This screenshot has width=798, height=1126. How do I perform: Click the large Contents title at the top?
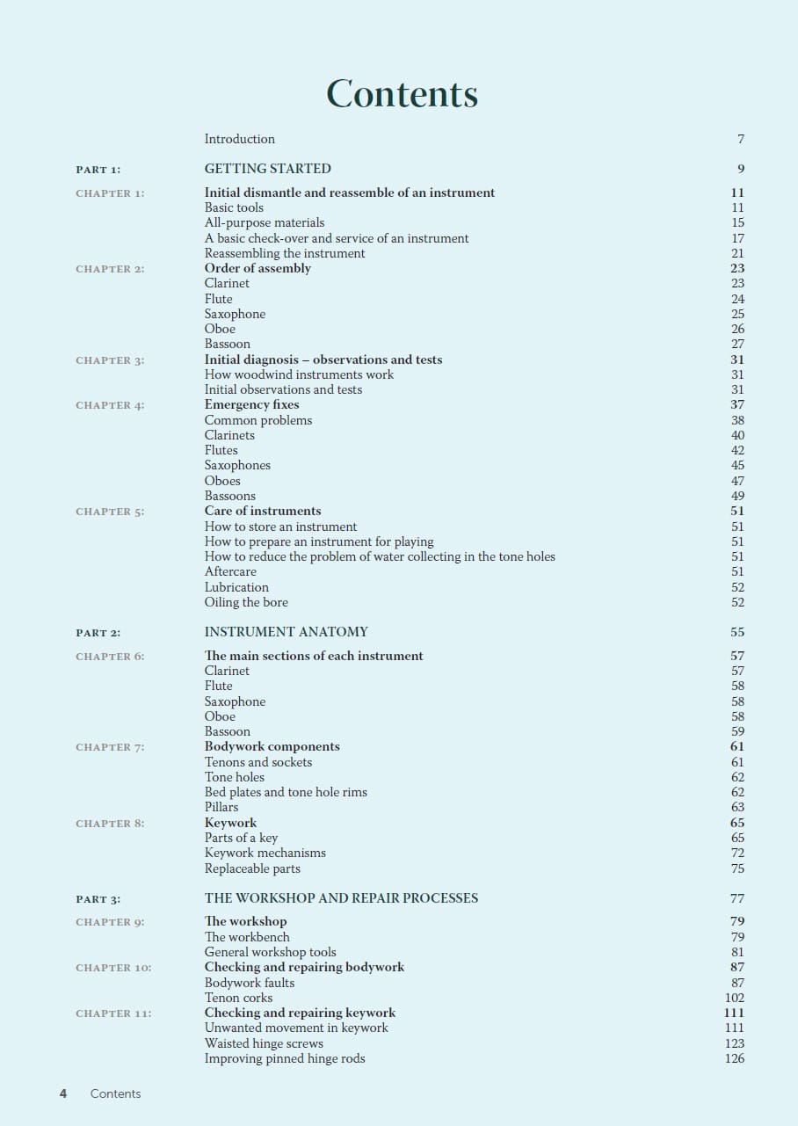click(x=402, y=94)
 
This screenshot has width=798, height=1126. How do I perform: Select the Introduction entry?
click(x=239, y=139)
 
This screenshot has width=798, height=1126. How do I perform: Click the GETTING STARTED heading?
click(x=268, y=169)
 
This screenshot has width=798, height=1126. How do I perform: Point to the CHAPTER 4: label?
click(x=110, y=405)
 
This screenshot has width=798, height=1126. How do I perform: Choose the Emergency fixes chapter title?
click(x=251, y=404)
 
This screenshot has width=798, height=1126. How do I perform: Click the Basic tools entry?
click(x=234, y=207)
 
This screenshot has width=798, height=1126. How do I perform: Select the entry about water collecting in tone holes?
click(x=380, y=556)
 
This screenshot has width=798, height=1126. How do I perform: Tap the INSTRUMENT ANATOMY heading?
click(x=286, y=632)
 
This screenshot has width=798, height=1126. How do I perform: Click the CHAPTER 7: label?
click(x=110, y=747)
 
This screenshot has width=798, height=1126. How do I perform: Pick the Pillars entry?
click(x=221, y=807)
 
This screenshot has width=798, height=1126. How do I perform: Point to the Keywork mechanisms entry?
click(x=265, y=853)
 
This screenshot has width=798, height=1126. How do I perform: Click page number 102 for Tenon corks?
click(x=734, y=998)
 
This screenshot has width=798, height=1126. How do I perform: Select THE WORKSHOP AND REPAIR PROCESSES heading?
click(x=341, y=898)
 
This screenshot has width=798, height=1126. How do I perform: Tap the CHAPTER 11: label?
click(x=113, y=1013)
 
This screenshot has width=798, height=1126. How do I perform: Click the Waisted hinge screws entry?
click(x=264, y=1043)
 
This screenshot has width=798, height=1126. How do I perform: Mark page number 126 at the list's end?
click(x=734, y=1058)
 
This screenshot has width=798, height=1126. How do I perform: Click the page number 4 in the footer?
click(x=63, y=1093)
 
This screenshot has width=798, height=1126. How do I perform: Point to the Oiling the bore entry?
click(x=246, y=602)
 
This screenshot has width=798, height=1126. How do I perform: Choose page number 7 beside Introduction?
click(x=741, y=139)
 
